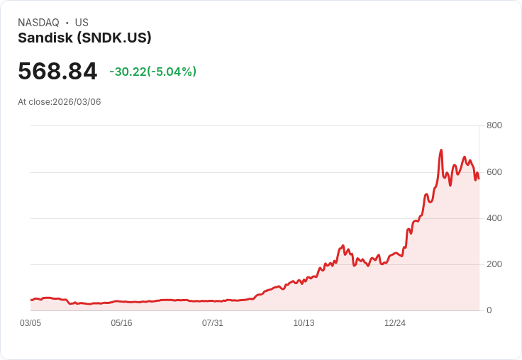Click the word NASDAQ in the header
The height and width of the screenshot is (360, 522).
tap(38, 23)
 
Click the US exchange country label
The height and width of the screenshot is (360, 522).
tap(82, 23)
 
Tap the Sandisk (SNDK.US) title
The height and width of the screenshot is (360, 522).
tap(84, 38)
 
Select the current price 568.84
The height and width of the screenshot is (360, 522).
tap(57, 72)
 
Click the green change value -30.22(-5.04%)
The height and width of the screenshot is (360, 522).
tap(152, 72)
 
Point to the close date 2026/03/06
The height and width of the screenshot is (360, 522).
tap(77, 102)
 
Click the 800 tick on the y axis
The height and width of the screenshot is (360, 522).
tap(494, 125)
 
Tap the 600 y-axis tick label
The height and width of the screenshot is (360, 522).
tap(494, 172)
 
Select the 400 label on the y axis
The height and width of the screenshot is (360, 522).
tap(494, 218)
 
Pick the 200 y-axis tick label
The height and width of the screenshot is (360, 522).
tap(494, 264)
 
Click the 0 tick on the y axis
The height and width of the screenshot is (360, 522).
tap(489, 310)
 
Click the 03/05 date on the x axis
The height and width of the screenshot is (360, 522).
tap(30, 323)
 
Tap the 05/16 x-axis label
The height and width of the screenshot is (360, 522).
tap(121, 323)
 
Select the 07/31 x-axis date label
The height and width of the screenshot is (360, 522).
tap(212, 323)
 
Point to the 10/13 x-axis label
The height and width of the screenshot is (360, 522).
tap(304, 323)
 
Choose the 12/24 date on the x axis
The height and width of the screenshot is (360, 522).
tap(395, 323)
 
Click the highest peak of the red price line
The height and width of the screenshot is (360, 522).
tap(441, 150)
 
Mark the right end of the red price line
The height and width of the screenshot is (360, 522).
tap(479, 178)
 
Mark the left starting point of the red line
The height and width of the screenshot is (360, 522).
tap(31, 300)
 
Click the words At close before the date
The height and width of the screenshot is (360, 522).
tap(34, 102)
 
